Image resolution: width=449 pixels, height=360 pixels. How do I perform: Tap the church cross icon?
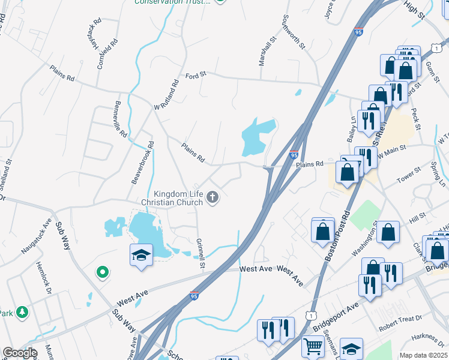[212, 197]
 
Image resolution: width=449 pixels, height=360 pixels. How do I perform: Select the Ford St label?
[196, 75]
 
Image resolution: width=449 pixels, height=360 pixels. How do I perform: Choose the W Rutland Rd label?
[167, 95]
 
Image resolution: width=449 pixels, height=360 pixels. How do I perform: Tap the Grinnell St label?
[201, 253]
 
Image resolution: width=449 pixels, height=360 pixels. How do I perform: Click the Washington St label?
[369, 239]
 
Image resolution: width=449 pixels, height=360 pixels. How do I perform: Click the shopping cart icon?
[313, 346]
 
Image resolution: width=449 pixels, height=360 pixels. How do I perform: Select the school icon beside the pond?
[142, 256]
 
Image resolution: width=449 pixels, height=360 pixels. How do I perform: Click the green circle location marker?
[103, 273]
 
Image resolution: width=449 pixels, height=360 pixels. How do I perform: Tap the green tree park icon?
[22, 313]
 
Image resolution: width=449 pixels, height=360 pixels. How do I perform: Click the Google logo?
[20, 353]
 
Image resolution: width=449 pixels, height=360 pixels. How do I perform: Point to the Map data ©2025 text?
[423, 355]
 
